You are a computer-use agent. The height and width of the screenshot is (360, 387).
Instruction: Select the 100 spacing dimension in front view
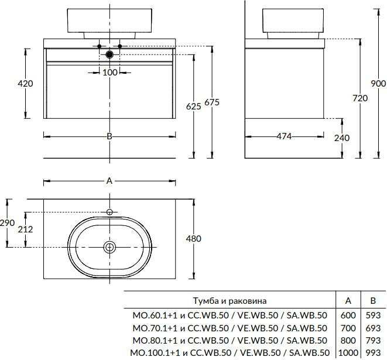click(x=109, y=72)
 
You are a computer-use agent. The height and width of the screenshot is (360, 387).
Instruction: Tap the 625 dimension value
click(x=193, y=106)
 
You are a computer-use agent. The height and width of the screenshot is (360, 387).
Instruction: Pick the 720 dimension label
click(x=360, y=98)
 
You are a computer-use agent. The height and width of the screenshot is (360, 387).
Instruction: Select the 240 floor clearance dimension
click(x=343, y=138)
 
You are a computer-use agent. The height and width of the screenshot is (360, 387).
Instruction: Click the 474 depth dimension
click(x=284, y=136)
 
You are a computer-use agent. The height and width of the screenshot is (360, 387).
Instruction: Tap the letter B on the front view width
click(x=109, y=136)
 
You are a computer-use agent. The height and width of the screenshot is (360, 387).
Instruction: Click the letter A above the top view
click(x=109, y=181)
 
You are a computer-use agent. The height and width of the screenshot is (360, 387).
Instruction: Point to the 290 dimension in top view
click(x=8, y=223)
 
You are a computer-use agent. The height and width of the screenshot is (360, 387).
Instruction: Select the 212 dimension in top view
click(x=25, y=229)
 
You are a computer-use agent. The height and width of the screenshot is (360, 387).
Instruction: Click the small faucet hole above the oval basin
click(x=109, y=211)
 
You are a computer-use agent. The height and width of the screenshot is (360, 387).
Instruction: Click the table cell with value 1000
click(x=348, y=353)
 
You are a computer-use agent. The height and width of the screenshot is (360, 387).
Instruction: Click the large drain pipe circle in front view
click(x=109, y=54)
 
